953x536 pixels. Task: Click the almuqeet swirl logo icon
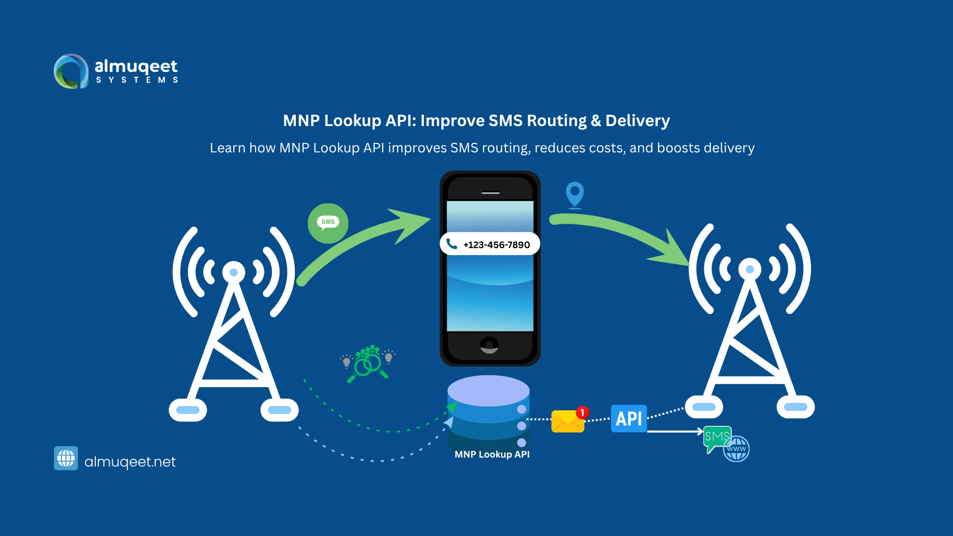point(71,71)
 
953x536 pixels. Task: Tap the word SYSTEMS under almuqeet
point(137,80)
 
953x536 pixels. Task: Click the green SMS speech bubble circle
point(328,223)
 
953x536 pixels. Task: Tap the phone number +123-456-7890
point(496,245)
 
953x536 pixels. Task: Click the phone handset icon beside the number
point(451,244)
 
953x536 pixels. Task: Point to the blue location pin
point(575,194)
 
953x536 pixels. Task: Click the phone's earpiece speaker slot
point(490,193)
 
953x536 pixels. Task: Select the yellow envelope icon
point(567,421)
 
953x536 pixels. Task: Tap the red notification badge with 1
point(582,412)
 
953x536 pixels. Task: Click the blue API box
point(628,418)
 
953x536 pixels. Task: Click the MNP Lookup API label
point(492,454)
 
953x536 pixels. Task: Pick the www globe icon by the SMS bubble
point(736,449)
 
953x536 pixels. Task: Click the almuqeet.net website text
point(130,462)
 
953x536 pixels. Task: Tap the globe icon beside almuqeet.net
point(66,458)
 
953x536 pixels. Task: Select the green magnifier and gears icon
point(368,364)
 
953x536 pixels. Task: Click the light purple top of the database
point(488,390)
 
